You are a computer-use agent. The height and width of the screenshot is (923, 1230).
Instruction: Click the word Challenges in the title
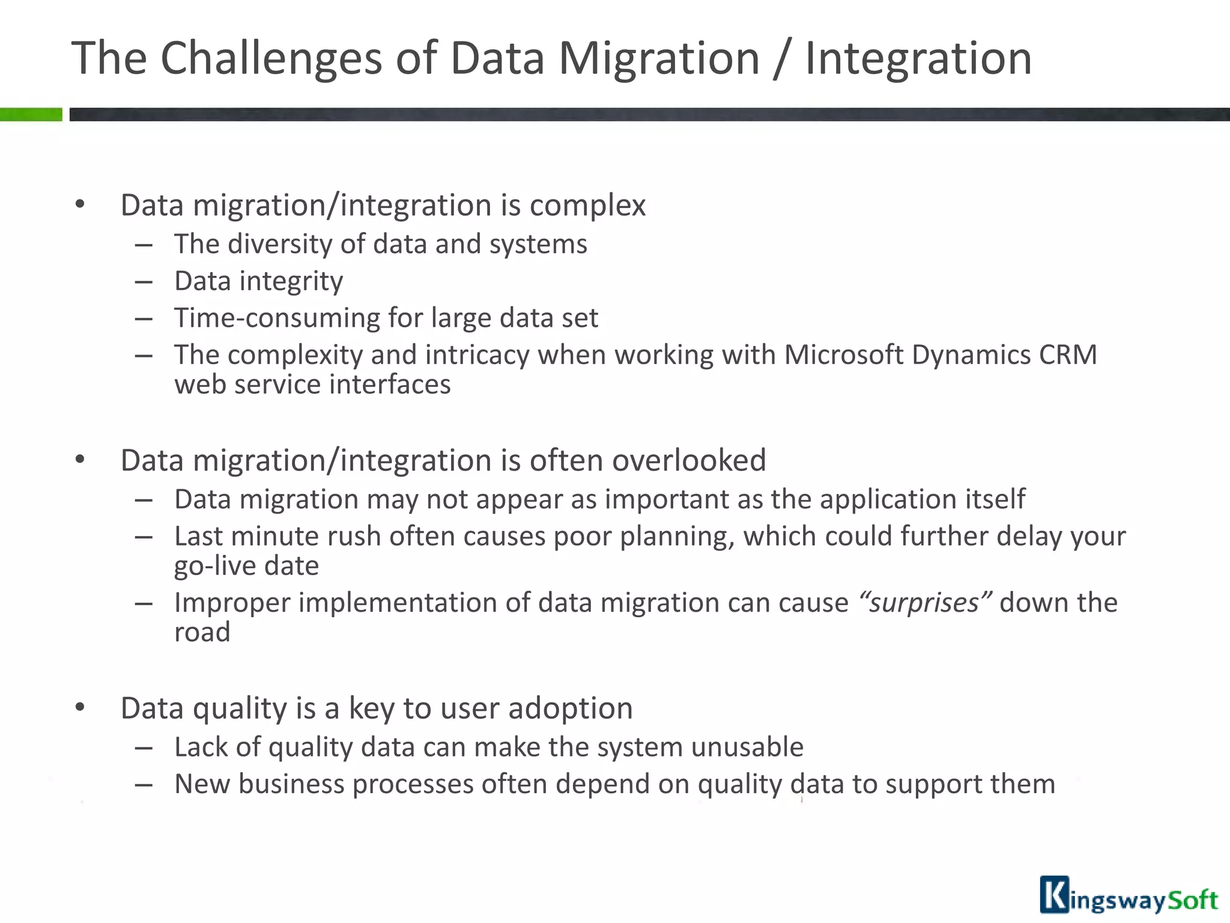[x=271, y=59]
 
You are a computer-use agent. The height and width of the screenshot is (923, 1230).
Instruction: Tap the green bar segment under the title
[x=31, y=114]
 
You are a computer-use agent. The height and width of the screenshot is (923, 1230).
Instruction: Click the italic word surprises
[x=924, y=603]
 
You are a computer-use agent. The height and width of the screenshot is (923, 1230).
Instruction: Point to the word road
[x=202, y=632]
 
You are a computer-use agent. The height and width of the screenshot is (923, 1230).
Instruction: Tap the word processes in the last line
[x=413, y=784]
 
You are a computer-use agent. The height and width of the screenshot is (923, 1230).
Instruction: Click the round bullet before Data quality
[x=80, y=707]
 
